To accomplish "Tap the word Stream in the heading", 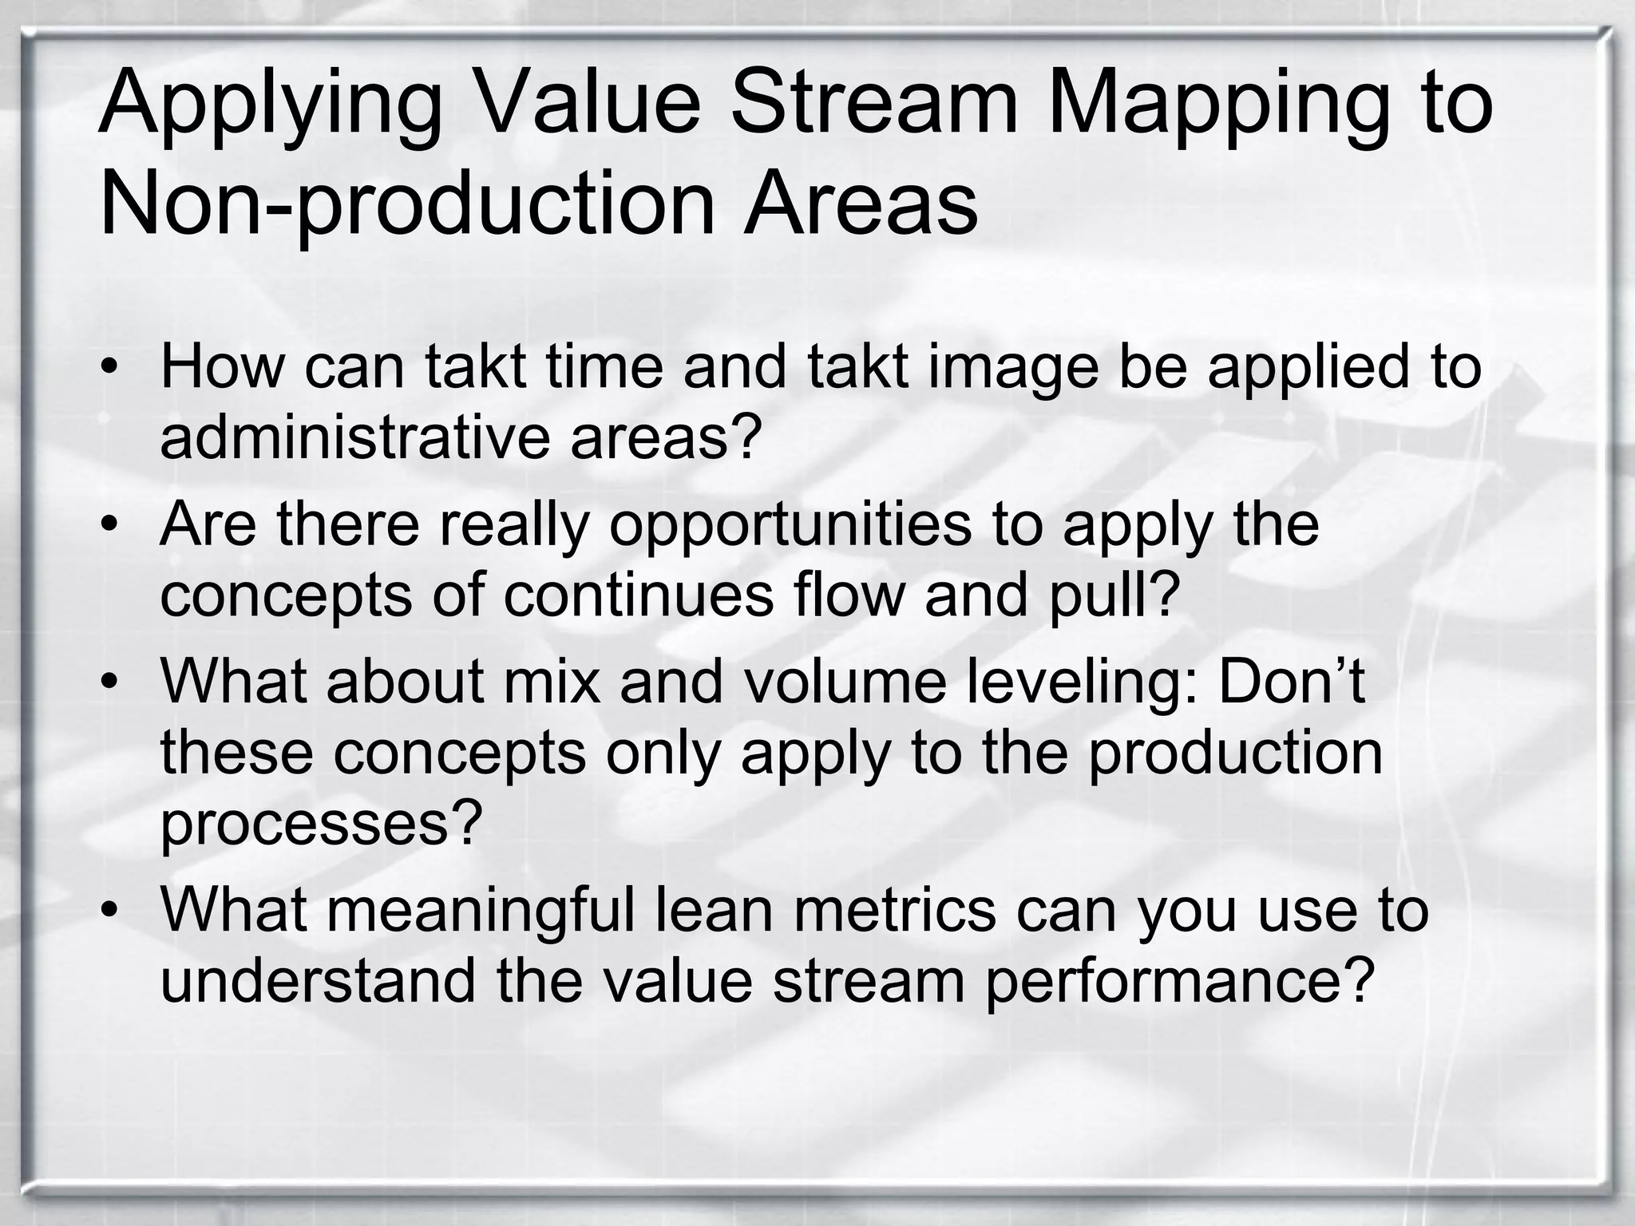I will (x=874, y=104).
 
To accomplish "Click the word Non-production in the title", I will (x=406, y=205).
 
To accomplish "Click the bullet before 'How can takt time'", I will (x=109, y=370).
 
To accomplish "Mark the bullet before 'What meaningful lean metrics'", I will (x=109, y=911).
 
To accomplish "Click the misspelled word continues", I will (x=639, y=595).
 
